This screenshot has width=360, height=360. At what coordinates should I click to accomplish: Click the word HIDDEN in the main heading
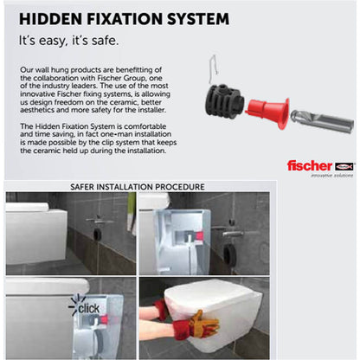click(50, 19)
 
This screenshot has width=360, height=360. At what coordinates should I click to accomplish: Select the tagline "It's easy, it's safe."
click(68, 41)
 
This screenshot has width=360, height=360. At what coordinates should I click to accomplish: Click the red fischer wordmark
click(310, 166)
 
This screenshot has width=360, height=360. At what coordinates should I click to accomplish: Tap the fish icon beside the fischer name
click(344, 166)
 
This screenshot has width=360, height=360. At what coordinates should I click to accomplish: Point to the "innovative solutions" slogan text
click(331, 176)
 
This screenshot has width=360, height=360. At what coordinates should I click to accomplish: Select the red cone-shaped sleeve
click(267, 113)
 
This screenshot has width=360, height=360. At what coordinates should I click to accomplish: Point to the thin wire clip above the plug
click(214, 68)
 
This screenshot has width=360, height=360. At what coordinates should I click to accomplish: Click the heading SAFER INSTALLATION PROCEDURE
click(138, 187)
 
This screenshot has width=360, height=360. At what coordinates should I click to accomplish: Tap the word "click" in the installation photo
click(88, 309)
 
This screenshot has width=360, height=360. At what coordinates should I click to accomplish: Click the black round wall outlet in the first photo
click(98, 234)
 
